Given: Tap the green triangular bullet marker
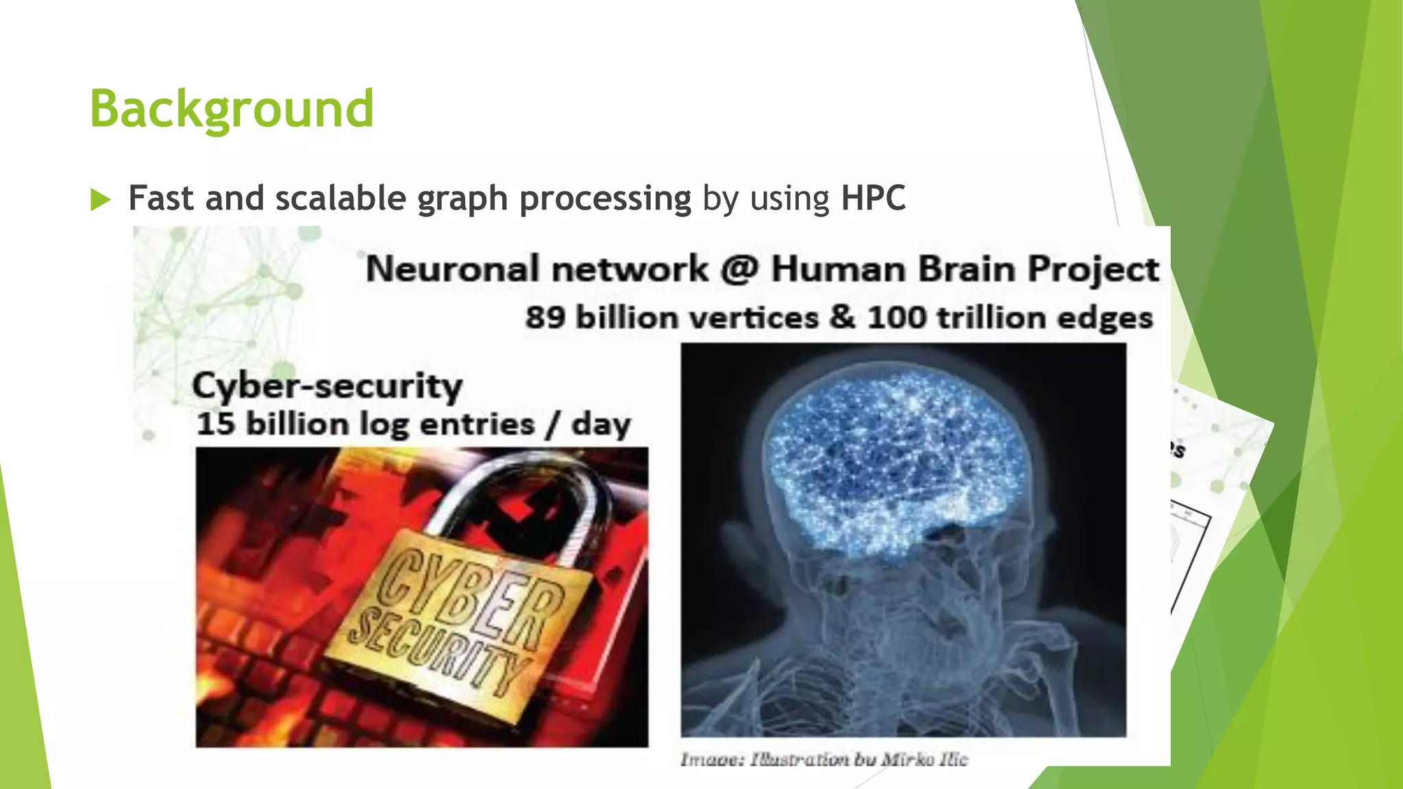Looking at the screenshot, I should tap(101, 200).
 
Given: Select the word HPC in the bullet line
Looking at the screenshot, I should tap(873, 199).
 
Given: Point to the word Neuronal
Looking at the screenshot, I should tap(451, 268).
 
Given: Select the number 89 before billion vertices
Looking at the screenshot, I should tap(545, 318).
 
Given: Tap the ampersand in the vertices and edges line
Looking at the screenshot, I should tap(842, 317).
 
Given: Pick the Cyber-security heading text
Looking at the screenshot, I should tap(327, 386).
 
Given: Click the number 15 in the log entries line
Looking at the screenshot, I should tap(216, 424).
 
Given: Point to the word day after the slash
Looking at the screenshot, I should tap(601, 424).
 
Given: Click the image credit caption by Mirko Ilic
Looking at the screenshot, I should tap(823, 759).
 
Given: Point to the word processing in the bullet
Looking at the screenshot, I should tap(605, 199).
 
